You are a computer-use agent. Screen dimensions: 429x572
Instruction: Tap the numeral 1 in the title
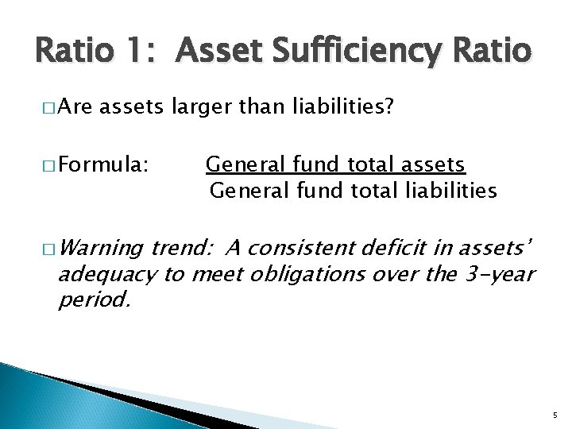[142, 52]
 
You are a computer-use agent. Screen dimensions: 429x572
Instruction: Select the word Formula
[100, 165]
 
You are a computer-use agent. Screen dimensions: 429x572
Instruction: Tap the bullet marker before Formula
[46, 166]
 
